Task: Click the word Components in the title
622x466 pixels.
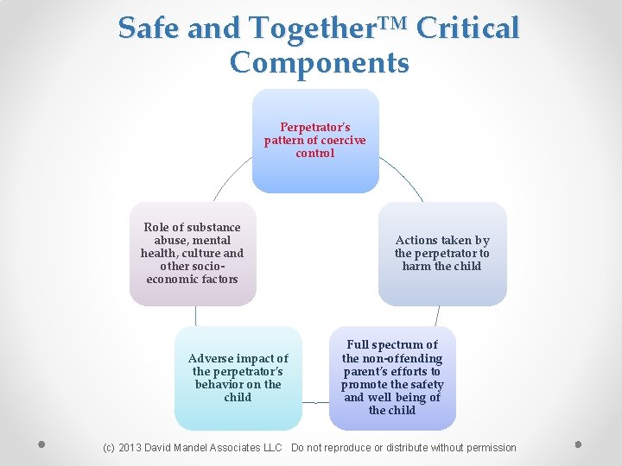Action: click(x=319, y=63)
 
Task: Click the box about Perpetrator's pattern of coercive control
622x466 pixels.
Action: click(x=315, y=141)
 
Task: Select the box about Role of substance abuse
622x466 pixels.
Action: click(x=193, y=254)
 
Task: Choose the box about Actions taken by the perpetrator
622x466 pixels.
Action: click(x=441, y=254)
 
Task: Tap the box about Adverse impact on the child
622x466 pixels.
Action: click(x=238, y=378)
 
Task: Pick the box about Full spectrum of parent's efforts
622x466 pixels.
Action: click(x=392, y=378)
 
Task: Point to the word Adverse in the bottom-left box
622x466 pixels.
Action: click(x=211, y=358)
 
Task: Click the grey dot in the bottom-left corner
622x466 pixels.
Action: click(x=41, y=445)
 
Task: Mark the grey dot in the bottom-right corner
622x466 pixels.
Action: click(x=578, y=445)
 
